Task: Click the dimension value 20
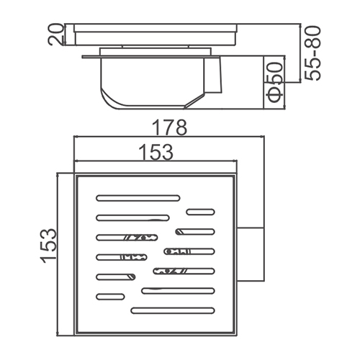pos(55,35)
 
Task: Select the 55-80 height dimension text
pos(312,53)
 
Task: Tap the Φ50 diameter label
pos(274,83)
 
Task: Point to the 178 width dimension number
pos(169,127)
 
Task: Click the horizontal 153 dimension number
pos(156,152)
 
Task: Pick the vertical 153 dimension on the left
pos(48,246)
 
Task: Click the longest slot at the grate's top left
pos(138,198)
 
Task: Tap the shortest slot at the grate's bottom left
pos(110,297)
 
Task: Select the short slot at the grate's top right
pos(201,212)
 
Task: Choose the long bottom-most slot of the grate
pos(173,310)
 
